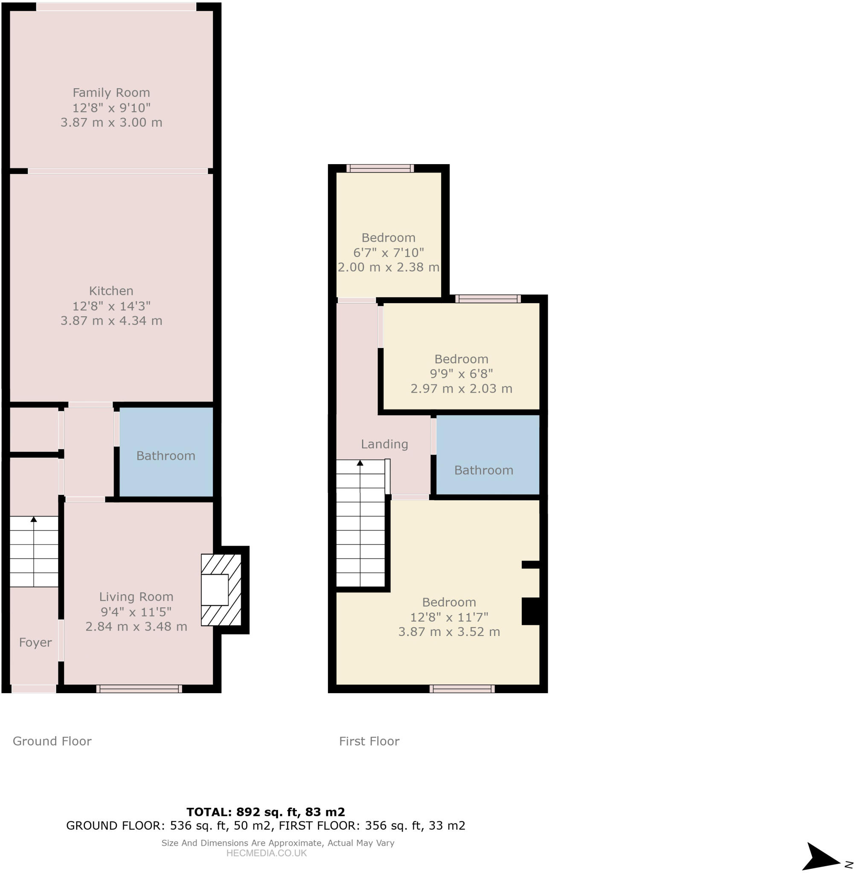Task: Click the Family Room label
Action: tap(111, 93)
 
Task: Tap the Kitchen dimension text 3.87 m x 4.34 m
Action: tap(111, 321)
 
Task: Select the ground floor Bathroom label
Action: tap(166, 456)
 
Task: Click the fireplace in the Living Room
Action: tap(221, 590)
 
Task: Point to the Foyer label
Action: tap(35, 643)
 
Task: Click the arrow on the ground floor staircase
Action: tap(34, 519)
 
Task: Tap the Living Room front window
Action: tap(139, 689)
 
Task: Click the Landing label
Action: tap(384, 444)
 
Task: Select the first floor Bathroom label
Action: tap(483, 470)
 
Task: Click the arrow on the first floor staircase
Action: tap(360, 463)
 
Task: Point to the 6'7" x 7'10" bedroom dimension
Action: tap(389, 253)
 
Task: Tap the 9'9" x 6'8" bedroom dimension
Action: tap(461, 374)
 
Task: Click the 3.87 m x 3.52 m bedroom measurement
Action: tap(449, 632)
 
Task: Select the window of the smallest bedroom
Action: tap(380, 168)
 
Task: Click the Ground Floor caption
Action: tap(52, 741)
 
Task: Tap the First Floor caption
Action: tap(369, 741)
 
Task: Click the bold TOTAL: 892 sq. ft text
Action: tap(265, 812)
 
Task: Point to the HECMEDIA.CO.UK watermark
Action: tap(267, 853)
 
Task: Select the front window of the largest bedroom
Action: tap(462, 689)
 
